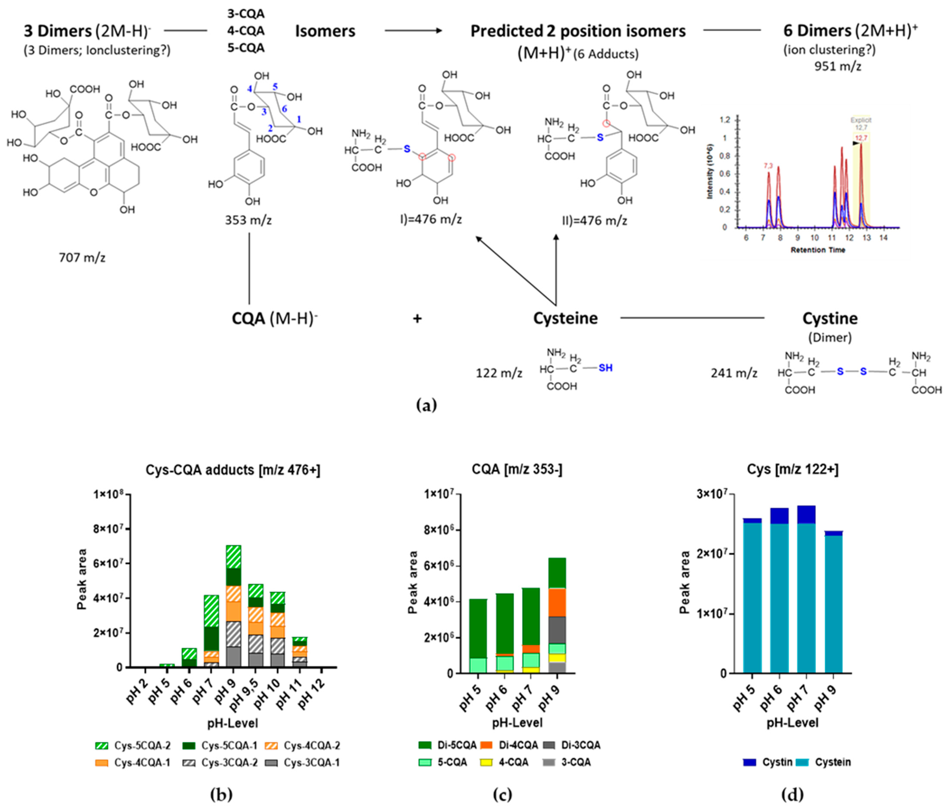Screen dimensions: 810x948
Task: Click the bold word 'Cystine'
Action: pyautogui.click(x=830, y=318)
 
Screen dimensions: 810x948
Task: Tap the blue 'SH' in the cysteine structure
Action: pyautogui.click(x=605, y=368)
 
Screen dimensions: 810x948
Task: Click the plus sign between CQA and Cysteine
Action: pyautogui.click(x=417, y=319)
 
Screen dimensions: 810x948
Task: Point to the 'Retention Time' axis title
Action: pyautogui.click(x=818, y=250)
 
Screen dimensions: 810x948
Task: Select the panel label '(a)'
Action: pyautogui.click(x=427, y=405)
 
